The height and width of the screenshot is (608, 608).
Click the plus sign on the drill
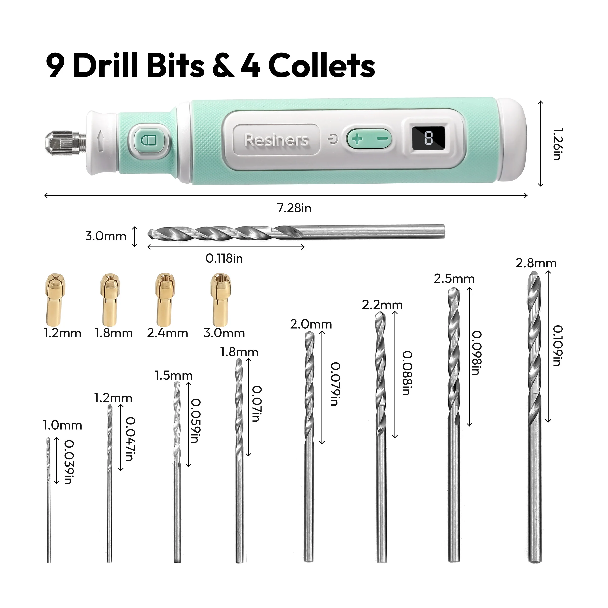(357, 139)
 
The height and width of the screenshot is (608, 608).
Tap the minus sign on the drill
(382, 138)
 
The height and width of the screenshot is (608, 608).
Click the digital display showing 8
(428, 138)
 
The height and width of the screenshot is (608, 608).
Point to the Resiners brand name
(276, 140)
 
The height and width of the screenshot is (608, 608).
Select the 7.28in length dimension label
(294, 208)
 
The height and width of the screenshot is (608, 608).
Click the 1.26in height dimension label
(557, 144)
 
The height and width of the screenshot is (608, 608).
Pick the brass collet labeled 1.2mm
(56, 299)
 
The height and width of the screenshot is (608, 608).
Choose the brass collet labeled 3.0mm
(221, 299)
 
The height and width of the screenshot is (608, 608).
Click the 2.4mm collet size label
(167, 333)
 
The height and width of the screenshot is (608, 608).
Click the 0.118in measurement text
(224, 259)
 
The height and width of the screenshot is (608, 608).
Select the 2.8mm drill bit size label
(536, 263)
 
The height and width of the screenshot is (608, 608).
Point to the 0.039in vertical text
(69, 462)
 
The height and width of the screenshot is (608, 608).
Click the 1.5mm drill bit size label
(173, 375)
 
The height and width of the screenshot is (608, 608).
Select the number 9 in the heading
(55, 66)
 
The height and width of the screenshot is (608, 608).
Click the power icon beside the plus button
(332, 139)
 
